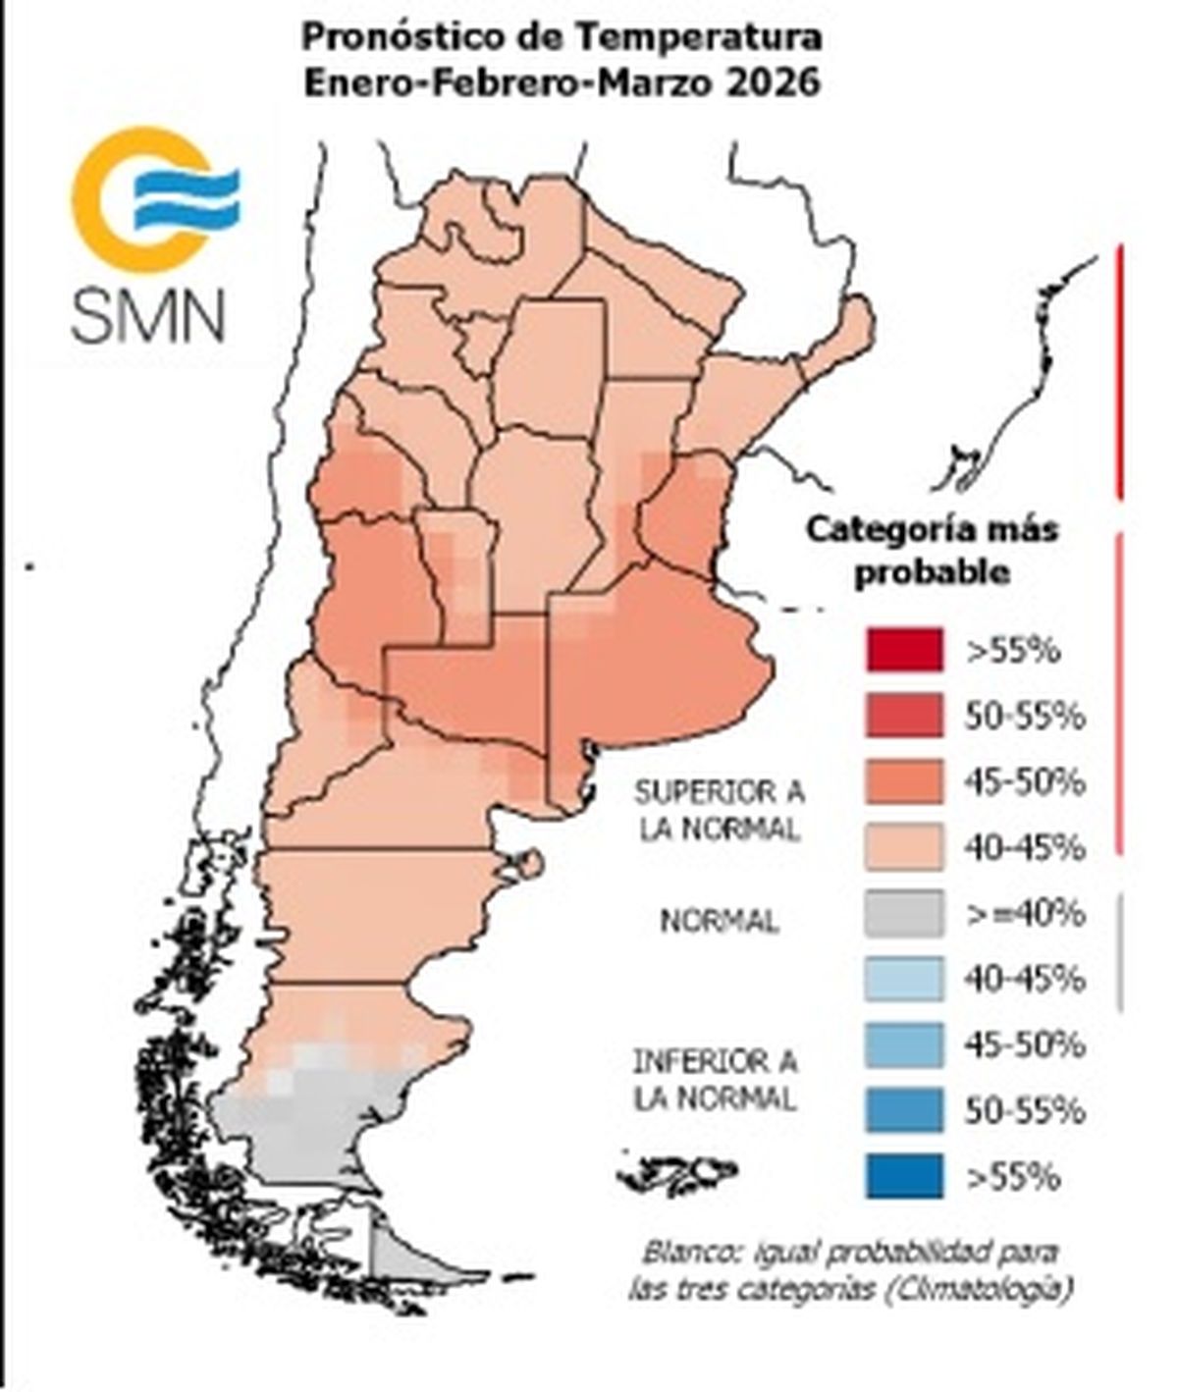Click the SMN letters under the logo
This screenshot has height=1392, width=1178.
(x=147, y=313)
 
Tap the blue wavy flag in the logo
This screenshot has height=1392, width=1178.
(x=187, y=198)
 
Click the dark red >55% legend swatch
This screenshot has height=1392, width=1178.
(x=904, y=650)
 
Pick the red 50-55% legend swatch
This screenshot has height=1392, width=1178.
(x=904, y=716)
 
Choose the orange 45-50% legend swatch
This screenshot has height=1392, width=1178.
(x=904, y=781)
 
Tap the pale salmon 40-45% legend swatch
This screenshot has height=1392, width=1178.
(x=904, y=847)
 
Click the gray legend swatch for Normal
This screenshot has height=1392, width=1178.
(x=904, y=913)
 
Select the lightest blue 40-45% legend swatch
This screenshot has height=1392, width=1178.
(x=904, y=979)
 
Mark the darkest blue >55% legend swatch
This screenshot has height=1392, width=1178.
(x=904, y=1176)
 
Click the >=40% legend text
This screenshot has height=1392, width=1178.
(x=1025, y=913)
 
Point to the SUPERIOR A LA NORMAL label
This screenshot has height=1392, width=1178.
(x=719, y=810)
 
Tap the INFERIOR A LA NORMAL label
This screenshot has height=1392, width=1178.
(x=715, y=1079)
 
